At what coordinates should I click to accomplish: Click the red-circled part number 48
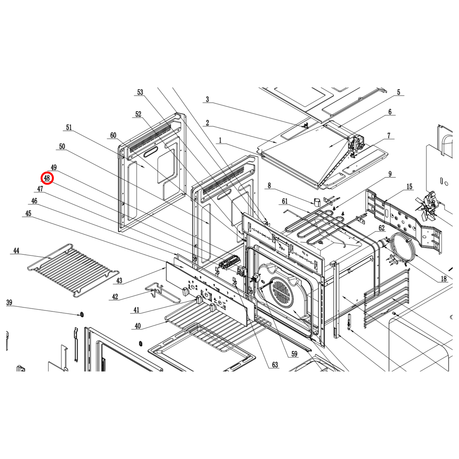pyautogui.click(x=47, y=178)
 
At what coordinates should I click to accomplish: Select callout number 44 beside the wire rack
pyautogui.click(x=16, y=251)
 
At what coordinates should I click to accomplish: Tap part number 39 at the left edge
pyautogui.click(x=9, y=303)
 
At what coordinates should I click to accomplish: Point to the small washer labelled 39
pyautogui.click(x=82, y=314)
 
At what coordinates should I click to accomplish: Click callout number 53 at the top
pyautogui.click(x=140, y=92)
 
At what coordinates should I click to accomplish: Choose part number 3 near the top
pyautogui.click(x=207, y=99)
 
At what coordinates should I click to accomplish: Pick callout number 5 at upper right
pyautogui.click(x=399, y=92)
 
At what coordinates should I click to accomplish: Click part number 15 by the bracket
pyautogui.click(x=409, y=187)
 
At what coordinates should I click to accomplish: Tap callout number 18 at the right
pyautogui.click(x=443, y=279)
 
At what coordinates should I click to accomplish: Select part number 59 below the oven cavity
pyautogui.click(x=294, y=354)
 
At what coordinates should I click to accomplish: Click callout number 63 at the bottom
pyautogui.click(x=275, y=365)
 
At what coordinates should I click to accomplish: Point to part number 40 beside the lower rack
pyautogui.click(x=138, y=326)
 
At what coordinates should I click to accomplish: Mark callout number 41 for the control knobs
pyautogui.click(x=136, y=310)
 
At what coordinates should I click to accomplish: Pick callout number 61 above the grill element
pyautogui.click(x=285, y=201)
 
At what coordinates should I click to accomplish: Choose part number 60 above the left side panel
pyautogui.click(x=113, y=136)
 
